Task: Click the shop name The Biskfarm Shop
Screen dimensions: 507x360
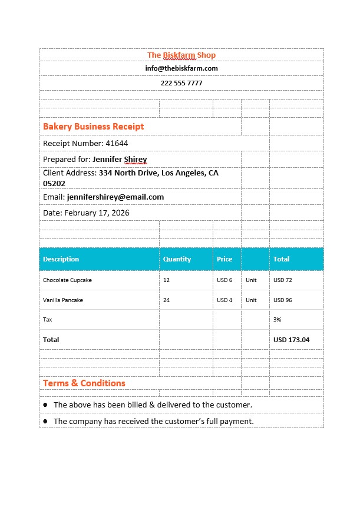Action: tap(181, 55)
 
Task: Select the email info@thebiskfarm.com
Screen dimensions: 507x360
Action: tap(181, 68)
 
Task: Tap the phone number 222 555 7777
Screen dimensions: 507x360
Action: tap(181, 83)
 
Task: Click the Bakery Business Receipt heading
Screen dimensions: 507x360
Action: tap(93, 127)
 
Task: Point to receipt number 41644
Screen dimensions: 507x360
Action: tap(116, 143)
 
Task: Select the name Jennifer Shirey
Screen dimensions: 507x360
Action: tap(120, 159)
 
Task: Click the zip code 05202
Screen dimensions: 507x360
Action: tap(54, 183)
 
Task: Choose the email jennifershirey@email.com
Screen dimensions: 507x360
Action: tap(115, 197)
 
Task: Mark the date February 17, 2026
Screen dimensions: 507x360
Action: tap(97, 213)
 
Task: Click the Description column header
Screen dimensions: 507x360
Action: tap(61, 259)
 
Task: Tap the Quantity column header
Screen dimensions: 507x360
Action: tap(177, 259)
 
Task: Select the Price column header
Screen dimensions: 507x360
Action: tap(224, 259)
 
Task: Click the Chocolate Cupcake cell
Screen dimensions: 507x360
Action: tap(67, 280)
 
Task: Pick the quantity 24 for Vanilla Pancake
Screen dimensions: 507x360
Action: tap(167, 300)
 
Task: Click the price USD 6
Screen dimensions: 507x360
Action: tap(224, 280)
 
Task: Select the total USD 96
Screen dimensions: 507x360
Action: tap(283, 300)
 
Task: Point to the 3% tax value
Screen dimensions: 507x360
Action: tap(278, 319)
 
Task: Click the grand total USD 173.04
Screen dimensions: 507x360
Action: tap(291, 340)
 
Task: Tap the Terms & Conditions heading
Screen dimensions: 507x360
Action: tap(84, 383)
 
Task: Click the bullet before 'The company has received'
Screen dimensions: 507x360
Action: tap(45, 422)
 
